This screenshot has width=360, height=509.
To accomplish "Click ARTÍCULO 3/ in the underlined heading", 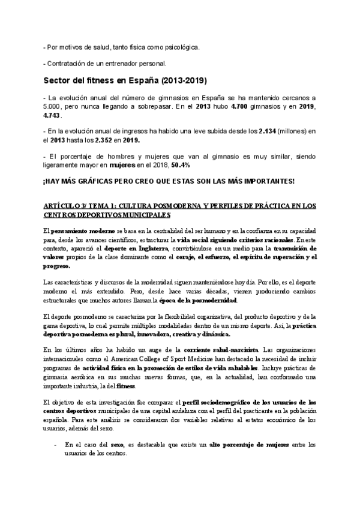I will [x=65, y=206].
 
